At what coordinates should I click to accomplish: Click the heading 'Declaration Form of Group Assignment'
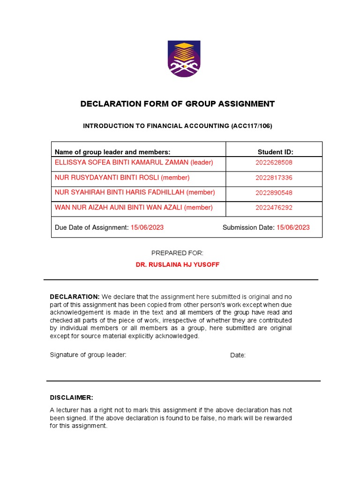pos(177,104)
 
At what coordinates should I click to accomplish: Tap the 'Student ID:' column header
pos(275,152)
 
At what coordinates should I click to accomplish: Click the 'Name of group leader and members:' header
pos(112,152)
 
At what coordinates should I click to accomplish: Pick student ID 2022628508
pos(274,163)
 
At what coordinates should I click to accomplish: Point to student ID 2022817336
pos(274,178)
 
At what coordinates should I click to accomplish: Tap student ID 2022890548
pos(274,193)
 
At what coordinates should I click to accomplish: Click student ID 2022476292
pos(274,208)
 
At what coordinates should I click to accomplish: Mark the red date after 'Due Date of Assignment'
pos(147,227)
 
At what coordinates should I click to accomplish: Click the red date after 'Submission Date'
pos(293,227)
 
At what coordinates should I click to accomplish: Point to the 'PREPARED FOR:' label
pos(177,253)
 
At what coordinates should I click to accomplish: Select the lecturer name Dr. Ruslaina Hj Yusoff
pos(177,265)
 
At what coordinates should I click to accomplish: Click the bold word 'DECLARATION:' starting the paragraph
pos(75,297)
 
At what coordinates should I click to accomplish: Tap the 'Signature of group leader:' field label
pos(88,355)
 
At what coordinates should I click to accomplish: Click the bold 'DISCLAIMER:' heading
pos(71,397)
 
